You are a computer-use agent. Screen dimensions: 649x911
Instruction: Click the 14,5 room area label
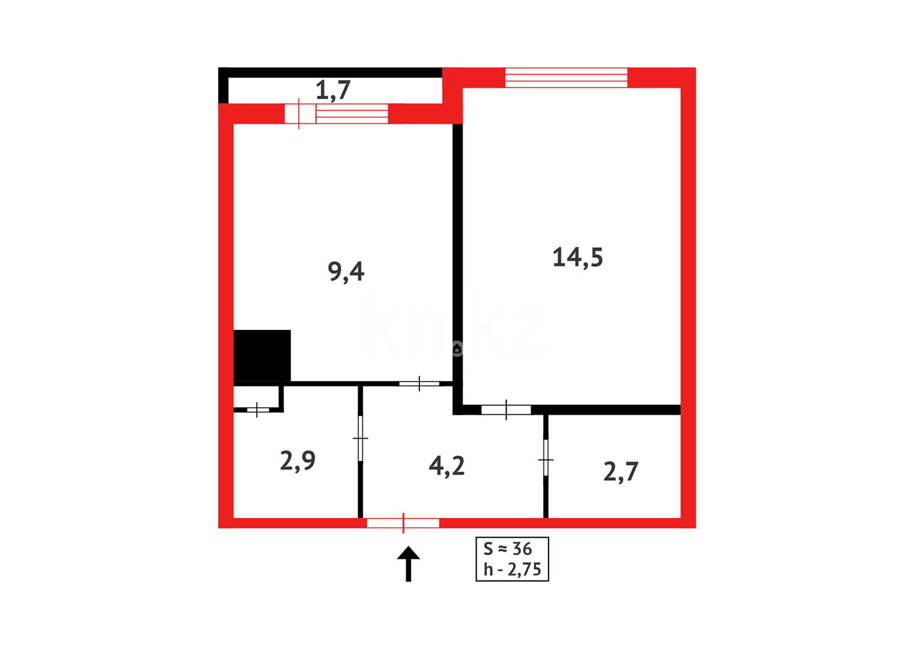pos(577,257)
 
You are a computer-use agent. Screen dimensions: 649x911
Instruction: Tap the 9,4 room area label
pos(346,272)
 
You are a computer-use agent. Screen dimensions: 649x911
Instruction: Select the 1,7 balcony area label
pos(333,91)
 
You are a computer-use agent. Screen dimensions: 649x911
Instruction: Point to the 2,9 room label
pos(297,461)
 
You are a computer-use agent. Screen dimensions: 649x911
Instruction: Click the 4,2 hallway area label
pos(446,466)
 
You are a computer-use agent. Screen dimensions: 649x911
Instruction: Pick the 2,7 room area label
pos(621,472)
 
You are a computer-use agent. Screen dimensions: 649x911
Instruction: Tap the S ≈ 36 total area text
pos(508,549)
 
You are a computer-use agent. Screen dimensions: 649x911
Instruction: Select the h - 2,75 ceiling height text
pos(513,569)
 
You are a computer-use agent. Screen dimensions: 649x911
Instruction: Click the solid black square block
pos(262,355)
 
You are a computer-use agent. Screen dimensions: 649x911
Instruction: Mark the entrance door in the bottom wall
pos(403,523)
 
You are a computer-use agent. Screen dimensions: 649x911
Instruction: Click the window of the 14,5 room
pos(566,78)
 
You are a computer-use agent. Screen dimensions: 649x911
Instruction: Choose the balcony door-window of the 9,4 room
pos(337,114)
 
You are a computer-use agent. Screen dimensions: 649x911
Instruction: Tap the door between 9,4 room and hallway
pos(419,383)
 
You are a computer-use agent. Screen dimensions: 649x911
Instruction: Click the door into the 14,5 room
pos(506,410)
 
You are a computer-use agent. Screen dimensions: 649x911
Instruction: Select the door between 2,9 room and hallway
pos(361,439)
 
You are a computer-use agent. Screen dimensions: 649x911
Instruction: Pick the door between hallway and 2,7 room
pos(546,459)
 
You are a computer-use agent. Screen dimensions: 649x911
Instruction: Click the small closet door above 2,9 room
pos(257,410)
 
